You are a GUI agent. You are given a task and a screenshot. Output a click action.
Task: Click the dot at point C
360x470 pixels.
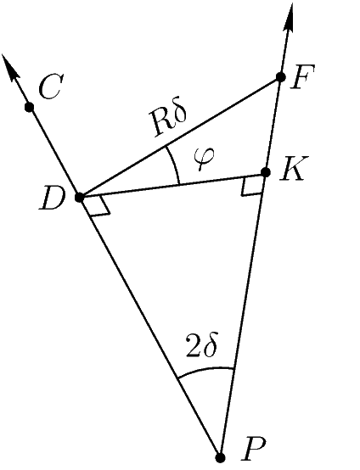point(30,107)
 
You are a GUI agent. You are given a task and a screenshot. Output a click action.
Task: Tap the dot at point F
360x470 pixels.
point(280,77)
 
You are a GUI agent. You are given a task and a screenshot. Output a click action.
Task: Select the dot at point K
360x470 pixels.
point(266,172)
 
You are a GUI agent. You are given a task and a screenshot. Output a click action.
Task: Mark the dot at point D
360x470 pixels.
point(80,198)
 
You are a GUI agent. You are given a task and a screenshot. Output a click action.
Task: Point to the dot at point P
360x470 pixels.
point(221,458)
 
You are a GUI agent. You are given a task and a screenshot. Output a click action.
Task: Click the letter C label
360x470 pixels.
point(51,87)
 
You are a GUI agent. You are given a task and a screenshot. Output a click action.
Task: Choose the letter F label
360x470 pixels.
point(302,76)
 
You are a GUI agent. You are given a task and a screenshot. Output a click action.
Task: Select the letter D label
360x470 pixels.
point(53,199)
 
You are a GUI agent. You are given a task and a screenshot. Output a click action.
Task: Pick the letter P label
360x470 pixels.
point(254,449)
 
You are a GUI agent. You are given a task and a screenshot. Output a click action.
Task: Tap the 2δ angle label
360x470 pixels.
point(201,345)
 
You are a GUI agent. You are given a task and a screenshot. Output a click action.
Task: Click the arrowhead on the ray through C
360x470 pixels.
point(10,69)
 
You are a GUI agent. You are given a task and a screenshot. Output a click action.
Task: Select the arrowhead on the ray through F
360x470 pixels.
point(289,17)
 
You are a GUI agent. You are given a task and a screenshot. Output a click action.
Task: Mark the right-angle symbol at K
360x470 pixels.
point(253,187)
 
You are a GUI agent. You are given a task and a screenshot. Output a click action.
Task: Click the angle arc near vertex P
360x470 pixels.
point(205,369)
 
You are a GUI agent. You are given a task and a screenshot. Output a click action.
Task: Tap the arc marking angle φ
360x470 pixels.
point(175,165)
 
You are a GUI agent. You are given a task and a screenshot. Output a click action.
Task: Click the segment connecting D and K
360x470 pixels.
point(172,185)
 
